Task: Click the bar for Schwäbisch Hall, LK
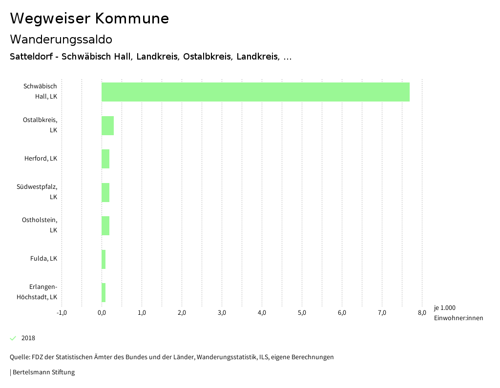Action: [255, 92]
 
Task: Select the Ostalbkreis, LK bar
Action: [107, 125]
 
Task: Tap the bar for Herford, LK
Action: [105, 159]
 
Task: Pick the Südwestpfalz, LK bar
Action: [105, 192]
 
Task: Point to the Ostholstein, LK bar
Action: [105, 225]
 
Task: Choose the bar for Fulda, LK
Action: [104, 259]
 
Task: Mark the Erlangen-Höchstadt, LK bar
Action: [104, 292]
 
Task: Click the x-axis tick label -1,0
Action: [62, 313]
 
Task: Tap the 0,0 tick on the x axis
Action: [102, 313]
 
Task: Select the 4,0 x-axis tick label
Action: [262, 313]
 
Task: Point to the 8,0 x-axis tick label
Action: [422, 313]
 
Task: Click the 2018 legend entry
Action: [28, 338]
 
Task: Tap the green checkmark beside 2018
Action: [13, 338]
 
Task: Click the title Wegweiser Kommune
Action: [89, 19]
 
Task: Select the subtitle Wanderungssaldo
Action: [61, 39]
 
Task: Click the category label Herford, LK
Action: [41, 159]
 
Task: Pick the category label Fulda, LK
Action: [43, 259]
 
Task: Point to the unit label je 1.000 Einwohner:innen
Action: [458, 313]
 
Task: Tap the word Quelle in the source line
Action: [20, 357]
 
